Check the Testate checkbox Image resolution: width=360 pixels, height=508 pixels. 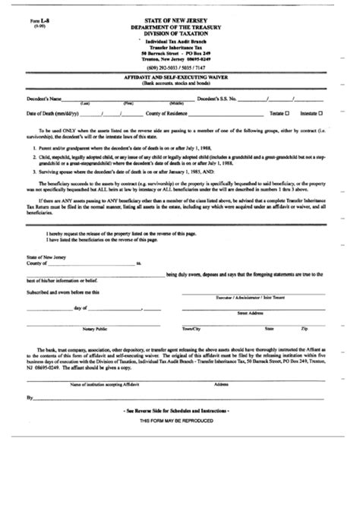click(289, 113)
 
